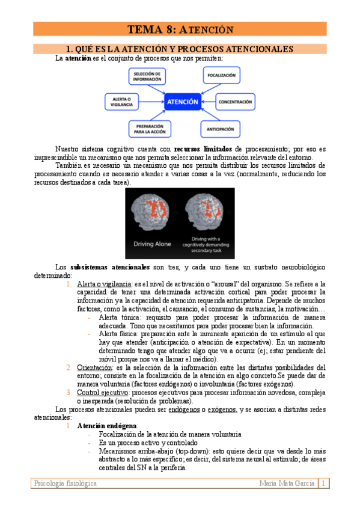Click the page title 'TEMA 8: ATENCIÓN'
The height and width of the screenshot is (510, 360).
pyautogui.click(x=180, y=29)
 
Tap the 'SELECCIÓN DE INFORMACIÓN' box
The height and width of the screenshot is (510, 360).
pyautogui.click(x=147, y=76)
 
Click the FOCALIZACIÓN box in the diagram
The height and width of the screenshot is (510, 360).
pyautogui.click(x=221, y=76)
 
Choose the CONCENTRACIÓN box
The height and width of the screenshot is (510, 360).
pyautogui.click(x=235, y=102)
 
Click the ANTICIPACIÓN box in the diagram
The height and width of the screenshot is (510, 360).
pyautogui.click(x=220, y=128)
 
